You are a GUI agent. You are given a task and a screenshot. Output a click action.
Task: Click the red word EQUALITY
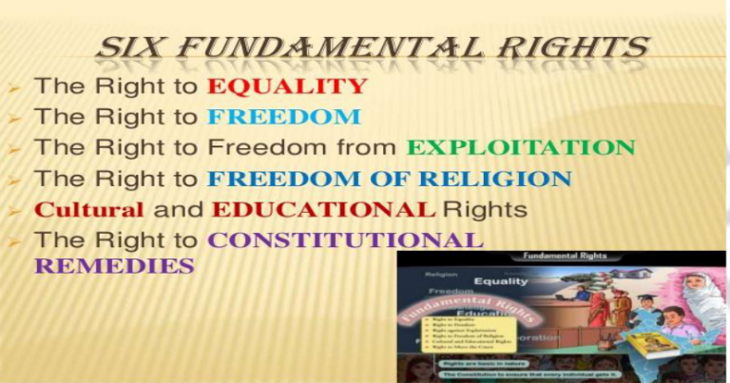287,86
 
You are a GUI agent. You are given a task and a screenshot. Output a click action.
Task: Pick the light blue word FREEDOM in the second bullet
284,117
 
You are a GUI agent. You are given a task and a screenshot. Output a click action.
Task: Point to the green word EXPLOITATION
521,147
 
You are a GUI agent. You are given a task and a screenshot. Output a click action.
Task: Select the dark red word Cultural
89,209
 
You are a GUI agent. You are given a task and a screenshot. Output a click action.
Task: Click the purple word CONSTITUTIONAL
345,240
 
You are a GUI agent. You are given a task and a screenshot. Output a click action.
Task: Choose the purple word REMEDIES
114,266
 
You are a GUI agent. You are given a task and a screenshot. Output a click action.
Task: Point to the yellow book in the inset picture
653,343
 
